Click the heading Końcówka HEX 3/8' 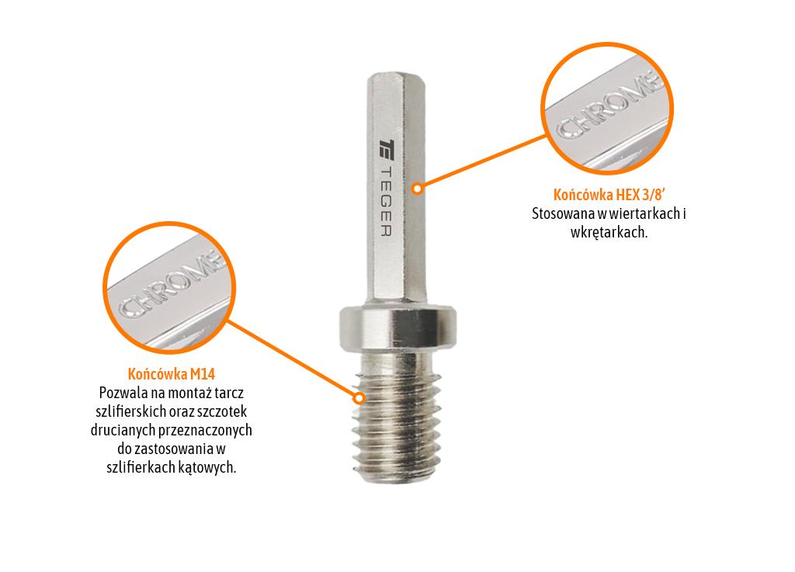coord(609,194)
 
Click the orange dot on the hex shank coord(417,188)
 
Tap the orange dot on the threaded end coord(359,398)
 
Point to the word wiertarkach coord(636,213)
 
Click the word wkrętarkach coord(609,232)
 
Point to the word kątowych coord(210,467)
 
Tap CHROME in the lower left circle coord(168,286)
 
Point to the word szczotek coord(223,411)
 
